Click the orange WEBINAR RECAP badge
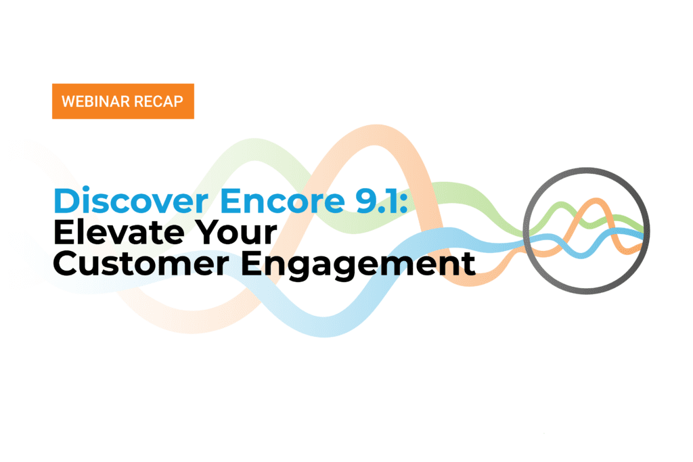tap(123, 101)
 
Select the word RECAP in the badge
tap(158, 101)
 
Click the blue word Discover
tap(131, 201)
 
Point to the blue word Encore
tap(282, 201)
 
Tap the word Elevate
tap(118, 232)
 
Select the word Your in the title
tap(236, 232)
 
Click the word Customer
tap(141, 263)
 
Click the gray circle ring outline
tap(524, 231)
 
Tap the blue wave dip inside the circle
tap(581, 254)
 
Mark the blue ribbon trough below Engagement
tap(325, 327)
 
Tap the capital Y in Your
tap(208, 232)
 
